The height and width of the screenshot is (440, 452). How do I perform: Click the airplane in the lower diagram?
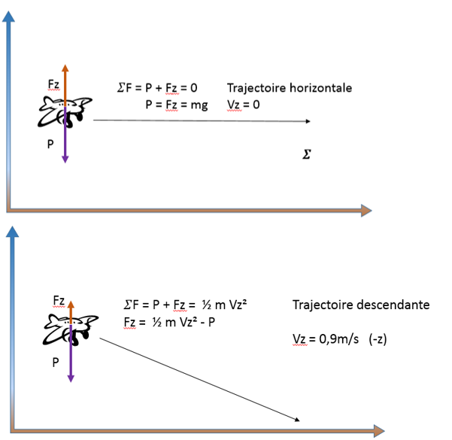point(69,329)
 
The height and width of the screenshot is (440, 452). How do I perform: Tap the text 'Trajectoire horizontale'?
point(289,88)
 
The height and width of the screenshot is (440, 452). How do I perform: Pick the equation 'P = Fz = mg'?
point(177,105)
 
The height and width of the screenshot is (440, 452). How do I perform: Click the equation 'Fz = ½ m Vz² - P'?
point(169,322)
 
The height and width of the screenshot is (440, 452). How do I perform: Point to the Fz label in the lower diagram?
point(58,300)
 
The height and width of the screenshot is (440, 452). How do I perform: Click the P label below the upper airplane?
point(50,143)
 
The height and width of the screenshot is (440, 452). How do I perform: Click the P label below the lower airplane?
point(56,362)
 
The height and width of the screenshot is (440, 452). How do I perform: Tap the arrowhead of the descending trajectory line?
point(299,420)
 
